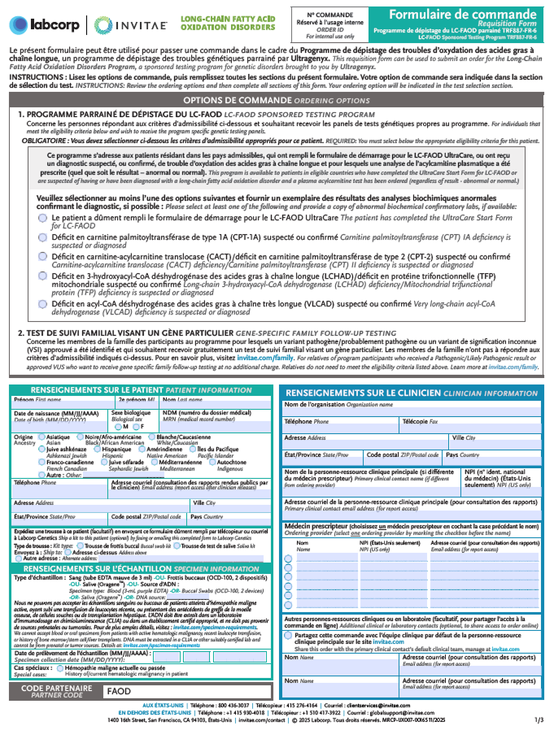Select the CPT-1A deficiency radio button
coord(42,235)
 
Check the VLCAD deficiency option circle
coord(42,304)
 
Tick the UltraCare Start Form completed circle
coord(42,218)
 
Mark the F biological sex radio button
coord(136,426)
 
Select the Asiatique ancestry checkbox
coord(41,437)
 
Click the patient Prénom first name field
coord(60,406)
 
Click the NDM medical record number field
coord(216,424)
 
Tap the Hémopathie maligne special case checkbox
coord(59,667)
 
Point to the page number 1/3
coord(539,719)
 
